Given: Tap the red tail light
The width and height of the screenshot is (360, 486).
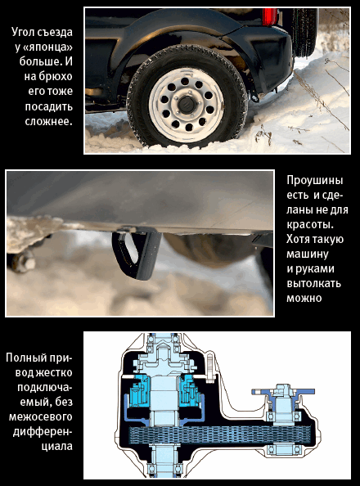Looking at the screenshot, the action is [270, 16].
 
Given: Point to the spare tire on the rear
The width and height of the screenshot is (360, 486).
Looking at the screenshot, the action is [304, 32].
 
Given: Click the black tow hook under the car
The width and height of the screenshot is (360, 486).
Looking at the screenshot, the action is [137, 254].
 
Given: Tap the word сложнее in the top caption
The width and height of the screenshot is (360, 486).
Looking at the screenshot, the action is [47, 121].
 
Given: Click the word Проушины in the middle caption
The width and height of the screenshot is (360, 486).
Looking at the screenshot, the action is [314, 180].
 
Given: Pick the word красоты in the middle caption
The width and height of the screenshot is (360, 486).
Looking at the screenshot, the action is [308, 225].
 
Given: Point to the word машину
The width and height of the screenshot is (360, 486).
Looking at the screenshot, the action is [308, 254].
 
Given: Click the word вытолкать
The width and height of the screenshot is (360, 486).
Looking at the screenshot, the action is [313, 283].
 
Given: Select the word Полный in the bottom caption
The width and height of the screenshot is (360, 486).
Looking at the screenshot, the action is [25, 358].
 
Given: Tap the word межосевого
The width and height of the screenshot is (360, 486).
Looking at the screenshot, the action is [40, 416].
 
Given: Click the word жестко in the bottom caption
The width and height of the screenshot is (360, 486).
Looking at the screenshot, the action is [54, 372].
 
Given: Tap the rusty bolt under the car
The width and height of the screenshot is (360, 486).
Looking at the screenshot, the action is [23, 261].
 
